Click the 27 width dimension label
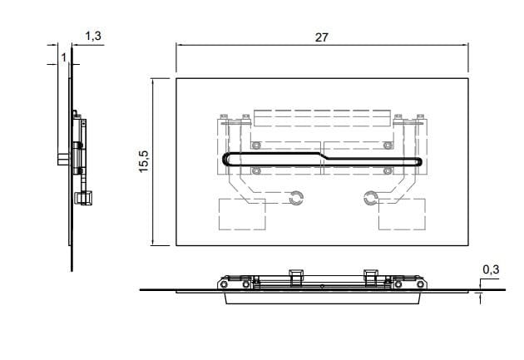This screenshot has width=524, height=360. pos(321,37)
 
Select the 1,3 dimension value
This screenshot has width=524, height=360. pos(93,36)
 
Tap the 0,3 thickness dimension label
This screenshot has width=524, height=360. pos(491,269)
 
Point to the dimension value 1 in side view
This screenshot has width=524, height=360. pos(63,57)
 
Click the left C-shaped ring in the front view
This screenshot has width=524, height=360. pos(298,197)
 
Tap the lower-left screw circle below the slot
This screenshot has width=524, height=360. pos(256,171)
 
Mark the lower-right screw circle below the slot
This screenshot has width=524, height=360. pos(388,171)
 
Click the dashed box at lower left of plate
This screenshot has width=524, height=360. pos(241,215)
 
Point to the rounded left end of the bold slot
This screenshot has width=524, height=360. pos(224,160)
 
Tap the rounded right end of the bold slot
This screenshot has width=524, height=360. pos(420,161)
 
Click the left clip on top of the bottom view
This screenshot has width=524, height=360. pos(294,276)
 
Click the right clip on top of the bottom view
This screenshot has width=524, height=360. pos(370,276)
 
